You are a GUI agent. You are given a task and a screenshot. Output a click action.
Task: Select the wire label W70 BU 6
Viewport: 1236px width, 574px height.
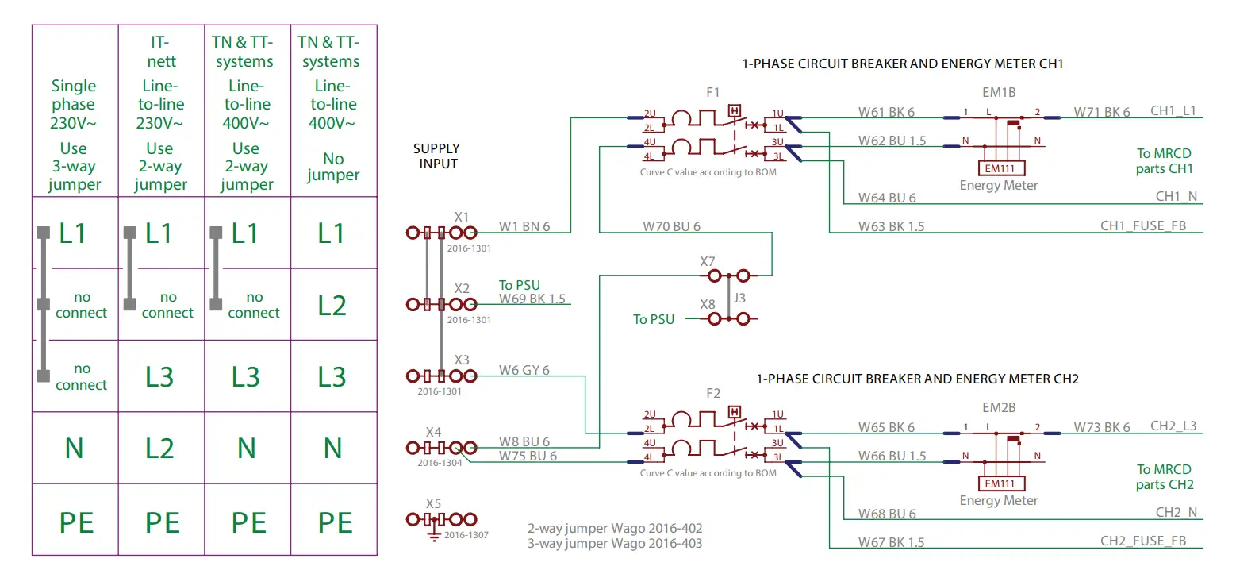coord(671,226)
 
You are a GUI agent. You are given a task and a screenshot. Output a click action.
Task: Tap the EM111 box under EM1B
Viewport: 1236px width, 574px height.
coord(999,168)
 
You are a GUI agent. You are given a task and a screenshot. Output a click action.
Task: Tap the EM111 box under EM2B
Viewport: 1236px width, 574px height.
coord(999,483)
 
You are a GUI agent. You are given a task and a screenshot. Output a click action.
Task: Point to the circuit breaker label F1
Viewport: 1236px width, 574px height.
coord(712,93)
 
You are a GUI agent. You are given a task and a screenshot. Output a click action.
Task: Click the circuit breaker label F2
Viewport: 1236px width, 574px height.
coord(712,393)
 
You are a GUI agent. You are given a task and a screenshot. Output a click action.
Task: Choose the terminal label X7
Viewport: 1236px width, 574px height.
coord(708,261)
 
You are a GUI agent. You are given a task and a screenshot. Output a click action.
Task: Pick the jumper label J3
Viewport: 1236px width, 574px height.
coord(739,299)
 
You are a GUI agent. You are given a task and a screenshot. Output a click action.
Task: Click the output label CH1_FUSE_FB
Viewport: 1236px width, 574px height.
coord(1143,226)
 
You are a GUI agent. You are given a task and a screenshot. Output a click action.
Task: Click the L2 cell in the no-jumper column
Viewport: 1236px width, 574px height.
coord(332,305)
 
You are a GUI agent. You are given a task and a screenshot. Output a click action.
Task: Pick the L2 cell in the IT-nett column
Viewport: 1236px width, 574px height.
coord(159,449)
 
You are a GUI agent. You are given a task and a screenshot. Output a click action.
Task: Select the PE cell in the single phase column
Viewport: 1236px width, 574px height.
coord(75,523)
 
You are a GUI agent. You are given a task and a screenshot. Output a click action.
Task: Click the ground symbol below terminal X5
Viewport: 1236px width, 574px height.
coord(434,537)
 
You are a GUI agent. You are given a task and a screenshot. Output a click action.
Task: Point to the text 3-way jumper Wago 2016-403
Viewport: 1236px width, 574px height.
coord(615,544)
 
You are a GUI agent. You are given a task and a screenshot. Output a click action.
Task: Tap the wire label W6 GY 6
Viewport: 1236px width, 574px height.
coord(524,370)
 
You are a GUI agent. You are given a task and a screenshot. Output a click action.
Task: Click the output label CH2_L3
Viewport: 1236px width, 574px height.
coord(1173,426)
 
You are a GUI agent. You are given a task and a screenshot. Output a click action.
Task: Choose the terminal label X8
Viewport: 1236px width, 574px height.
coord(708,304)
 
